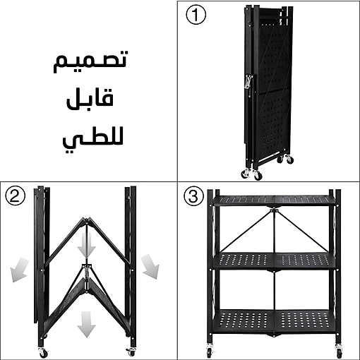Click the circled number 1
[196, 15]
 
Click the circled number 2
[16, 196]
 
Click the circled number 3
[193, 196]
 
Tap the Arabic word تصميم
[90, 61]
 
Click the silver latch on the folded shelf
[248, 81]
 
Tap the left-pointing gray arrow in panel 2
[19, 270]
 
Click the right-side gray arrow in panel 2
[150, 266]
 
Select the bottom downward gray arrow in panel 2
[87, 324]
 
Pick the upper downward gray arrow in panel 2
[87, 246]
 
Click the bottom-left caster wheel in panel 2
[42, 352]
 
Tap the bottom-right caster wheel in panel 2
[131, 352]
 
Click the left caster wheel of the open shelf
[210, 352]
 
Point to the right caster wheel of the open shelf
[338, 352]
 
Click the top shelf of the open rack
[274, 200]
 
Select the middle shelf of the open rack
[274, 260]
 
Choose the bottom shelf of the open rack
[274, 322]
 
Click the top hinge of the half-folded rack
[86, 221]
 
